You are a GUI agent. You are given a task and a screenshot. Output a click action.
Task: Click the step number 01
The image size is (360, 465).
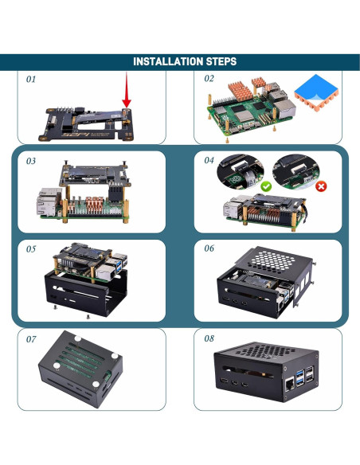32,80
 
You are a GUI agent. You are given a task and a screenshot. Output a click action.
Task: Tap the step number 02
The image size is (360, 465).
209,79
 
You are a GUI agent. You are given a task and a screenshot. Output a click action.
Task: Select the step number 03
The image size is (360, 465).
32,161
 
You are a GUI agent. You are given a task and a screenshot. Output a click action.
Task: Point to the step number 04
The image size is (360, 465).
209,160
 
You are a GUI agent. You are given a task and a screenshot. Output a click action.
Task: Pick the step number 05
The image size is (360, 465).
32,249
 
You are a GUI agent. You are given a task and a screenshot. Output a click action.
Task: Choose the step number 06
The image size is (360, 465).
209,248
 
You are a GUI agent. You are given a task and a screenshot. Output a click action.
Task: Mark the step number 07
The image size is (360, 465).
32,340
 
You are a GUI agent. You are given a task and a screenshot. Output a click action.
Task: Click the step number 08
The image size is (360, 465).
209,338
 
